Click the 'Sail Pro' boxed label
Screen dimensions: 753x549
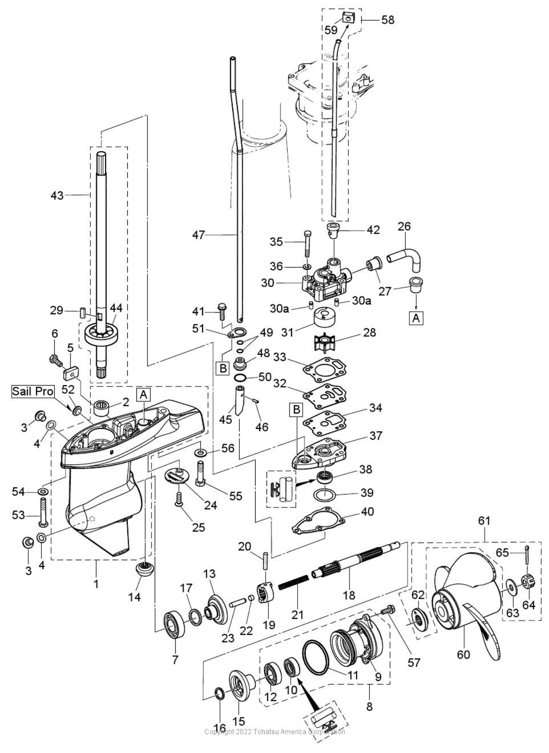click(x=33, y=391)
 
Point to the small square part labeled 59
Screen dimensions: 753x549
click(x=348, y=19)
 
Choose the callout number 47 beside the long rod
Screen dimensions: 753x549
click(x=198, y=235)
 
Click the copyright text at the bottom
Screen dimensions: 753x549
click(x=274, y=744)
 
